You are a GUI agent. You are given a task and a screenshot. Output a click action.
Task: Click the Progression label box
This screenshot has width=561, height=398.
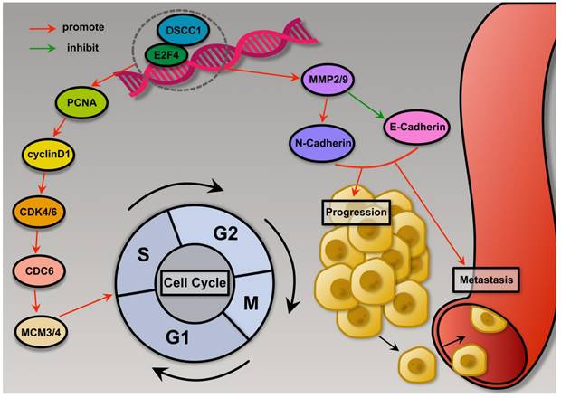[355, 213]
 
